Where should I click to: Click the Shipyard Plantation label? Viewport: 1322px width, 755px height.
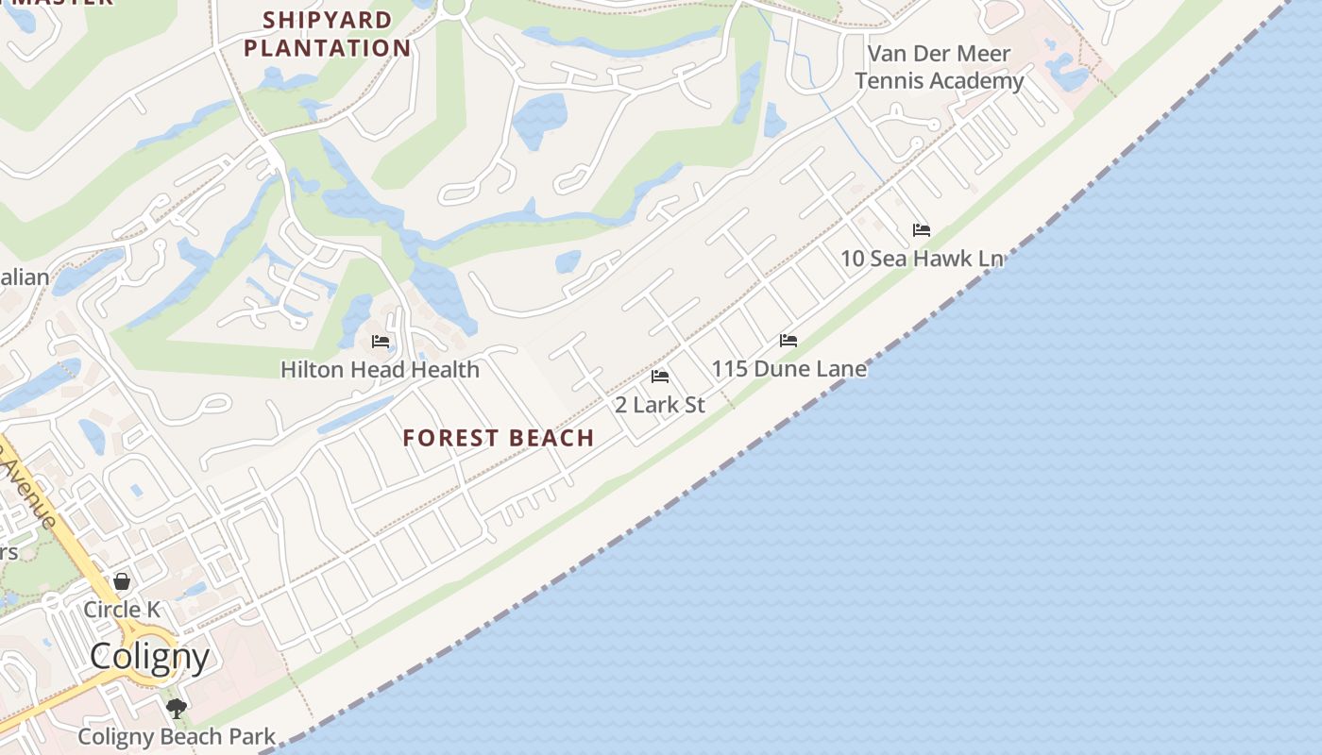click(x=328, y=34)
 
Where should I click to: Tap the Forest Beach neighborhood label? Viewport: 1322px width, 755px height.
click(x=499, y=438)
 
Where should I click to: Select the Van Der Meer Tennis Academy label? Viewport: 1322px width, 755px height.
click(x=939, y=67)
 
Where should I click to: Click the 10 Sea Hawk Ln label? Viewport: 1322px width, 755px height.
click(x=922, y=259)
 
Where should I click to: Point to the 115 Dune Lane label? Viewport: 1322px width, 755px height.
click(x=789, y=368)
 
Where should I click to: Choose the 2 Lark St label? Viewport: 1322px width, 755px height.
click(x=660, y=405)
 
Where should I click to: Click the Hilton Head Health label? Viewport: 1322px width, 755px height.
click(x=380, y=369)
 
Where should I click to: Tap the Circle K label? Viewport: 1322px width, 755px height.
click(x=122, y=610)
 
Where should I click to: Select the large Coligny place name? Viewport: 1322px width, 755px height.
click(x=149, y=656)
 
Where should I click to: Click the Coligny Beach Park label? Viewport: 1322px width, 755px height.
click(x=177, y=736)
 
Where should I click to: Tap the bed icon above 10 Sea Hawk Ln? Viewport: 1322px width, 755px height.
click(x=922, y=230)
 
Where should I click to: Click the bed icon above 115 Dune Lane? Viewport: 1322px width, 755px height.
click(x=788, y=341)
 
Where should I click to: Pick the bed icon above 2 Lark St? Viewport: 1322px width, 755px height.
click(x=660, y=377)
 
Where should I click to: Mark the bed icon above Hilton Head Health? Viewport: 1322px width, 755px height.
click(x=381, y=342)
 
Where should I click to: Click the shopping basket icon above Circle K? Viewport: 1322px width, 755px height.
click(x=122, y=581)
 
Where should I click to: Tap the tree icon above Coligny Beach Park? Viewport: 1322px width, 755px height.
click(x=176, y=708)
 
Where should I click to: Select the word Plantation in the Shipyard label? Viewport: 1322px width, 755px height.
click(x=328, y=47)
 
